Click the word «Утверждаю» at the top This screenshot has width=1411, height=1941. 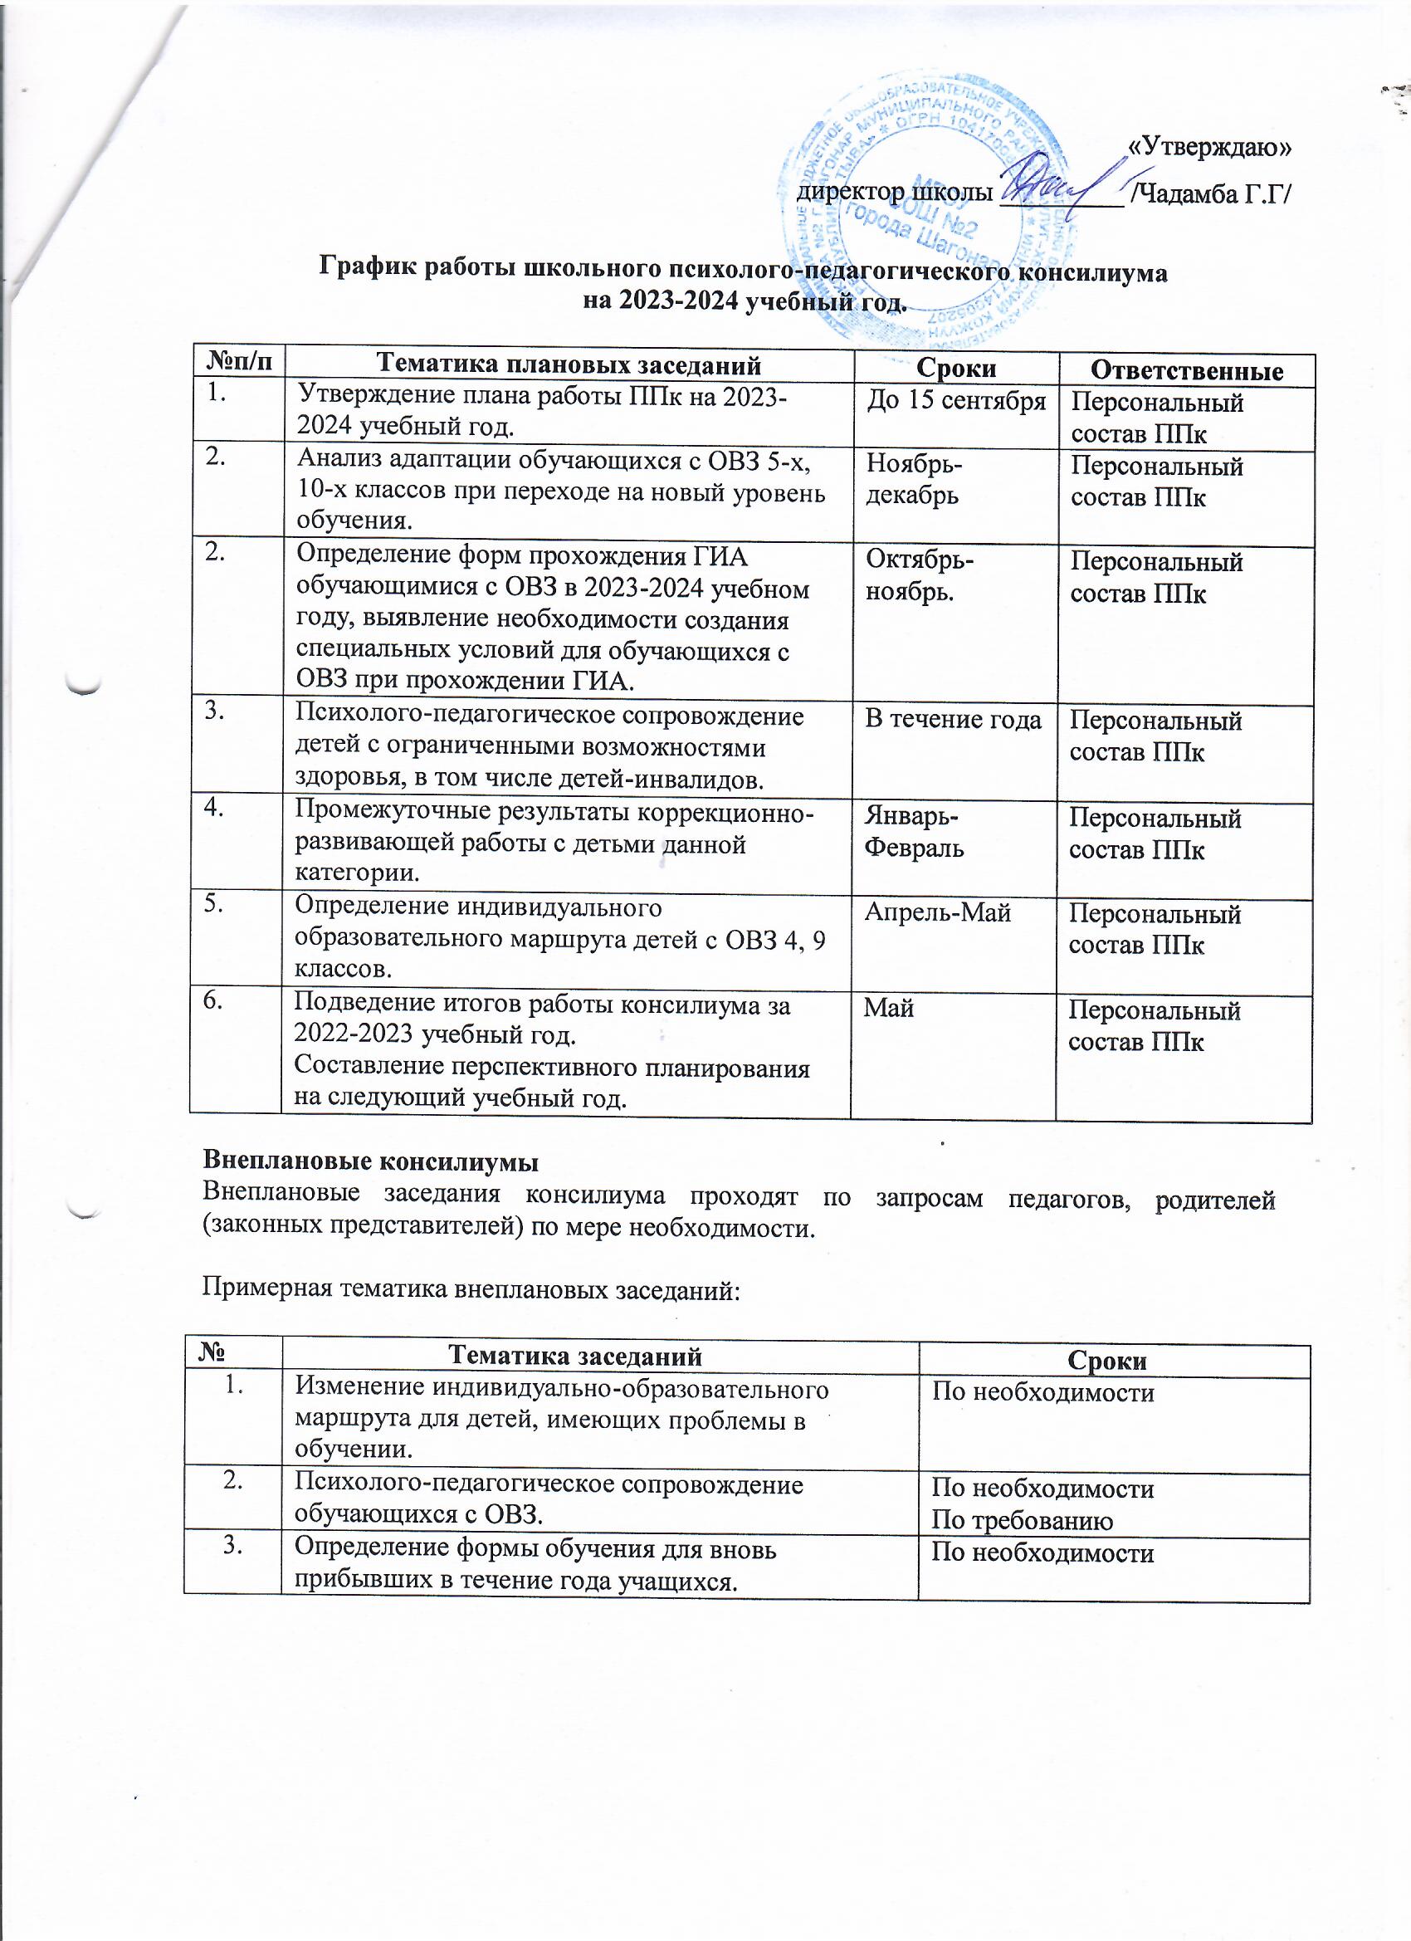click(x=1209, y=147)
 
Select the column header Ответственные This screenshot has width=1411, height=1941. click(x=1187, y=369)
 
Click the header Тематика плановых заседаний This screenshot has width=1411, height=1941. click(x=569, y=365)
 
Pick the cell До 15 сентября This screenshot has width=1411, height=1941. click(x=956, y=400)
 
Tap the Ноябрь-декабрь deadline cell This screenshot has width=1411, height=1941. click(x=914, y=480)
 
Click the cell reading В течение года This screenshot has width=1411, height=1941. click(x=953, y=720)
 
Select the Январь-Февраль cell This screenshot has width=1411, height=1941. click(x=913, y=833)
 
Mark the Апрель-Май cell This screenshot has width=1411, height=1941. click(x=937, y=913)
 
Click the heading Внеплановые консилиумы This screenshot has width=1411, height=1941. click(x=370, y=1162)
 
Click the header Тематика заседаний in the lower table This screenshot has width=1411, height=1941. click(x=575, y=1357)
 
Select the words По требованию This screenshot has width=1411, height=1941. click(x=1022, y=1521)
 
